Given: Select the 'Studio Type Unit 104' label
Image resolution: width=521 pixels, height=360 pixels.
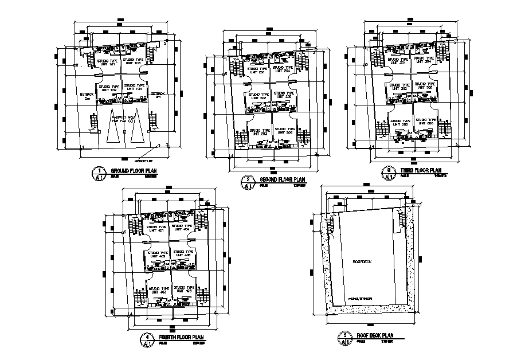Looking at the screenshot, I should (134, 87).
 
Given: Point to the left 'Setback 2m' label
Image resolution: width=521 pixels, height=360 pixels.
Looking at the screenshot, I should (87, 96).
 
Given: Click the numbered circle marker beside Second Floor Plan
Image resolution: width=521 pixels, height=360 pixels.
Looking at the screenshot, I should (248, 182).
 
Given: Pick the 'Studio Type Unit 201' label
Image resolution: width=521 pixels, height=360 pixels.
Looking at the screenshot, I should (254, 71).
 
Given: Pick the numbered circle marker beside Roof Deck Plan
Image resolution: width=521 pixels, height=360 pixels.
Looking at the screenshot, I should (345, 339).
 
